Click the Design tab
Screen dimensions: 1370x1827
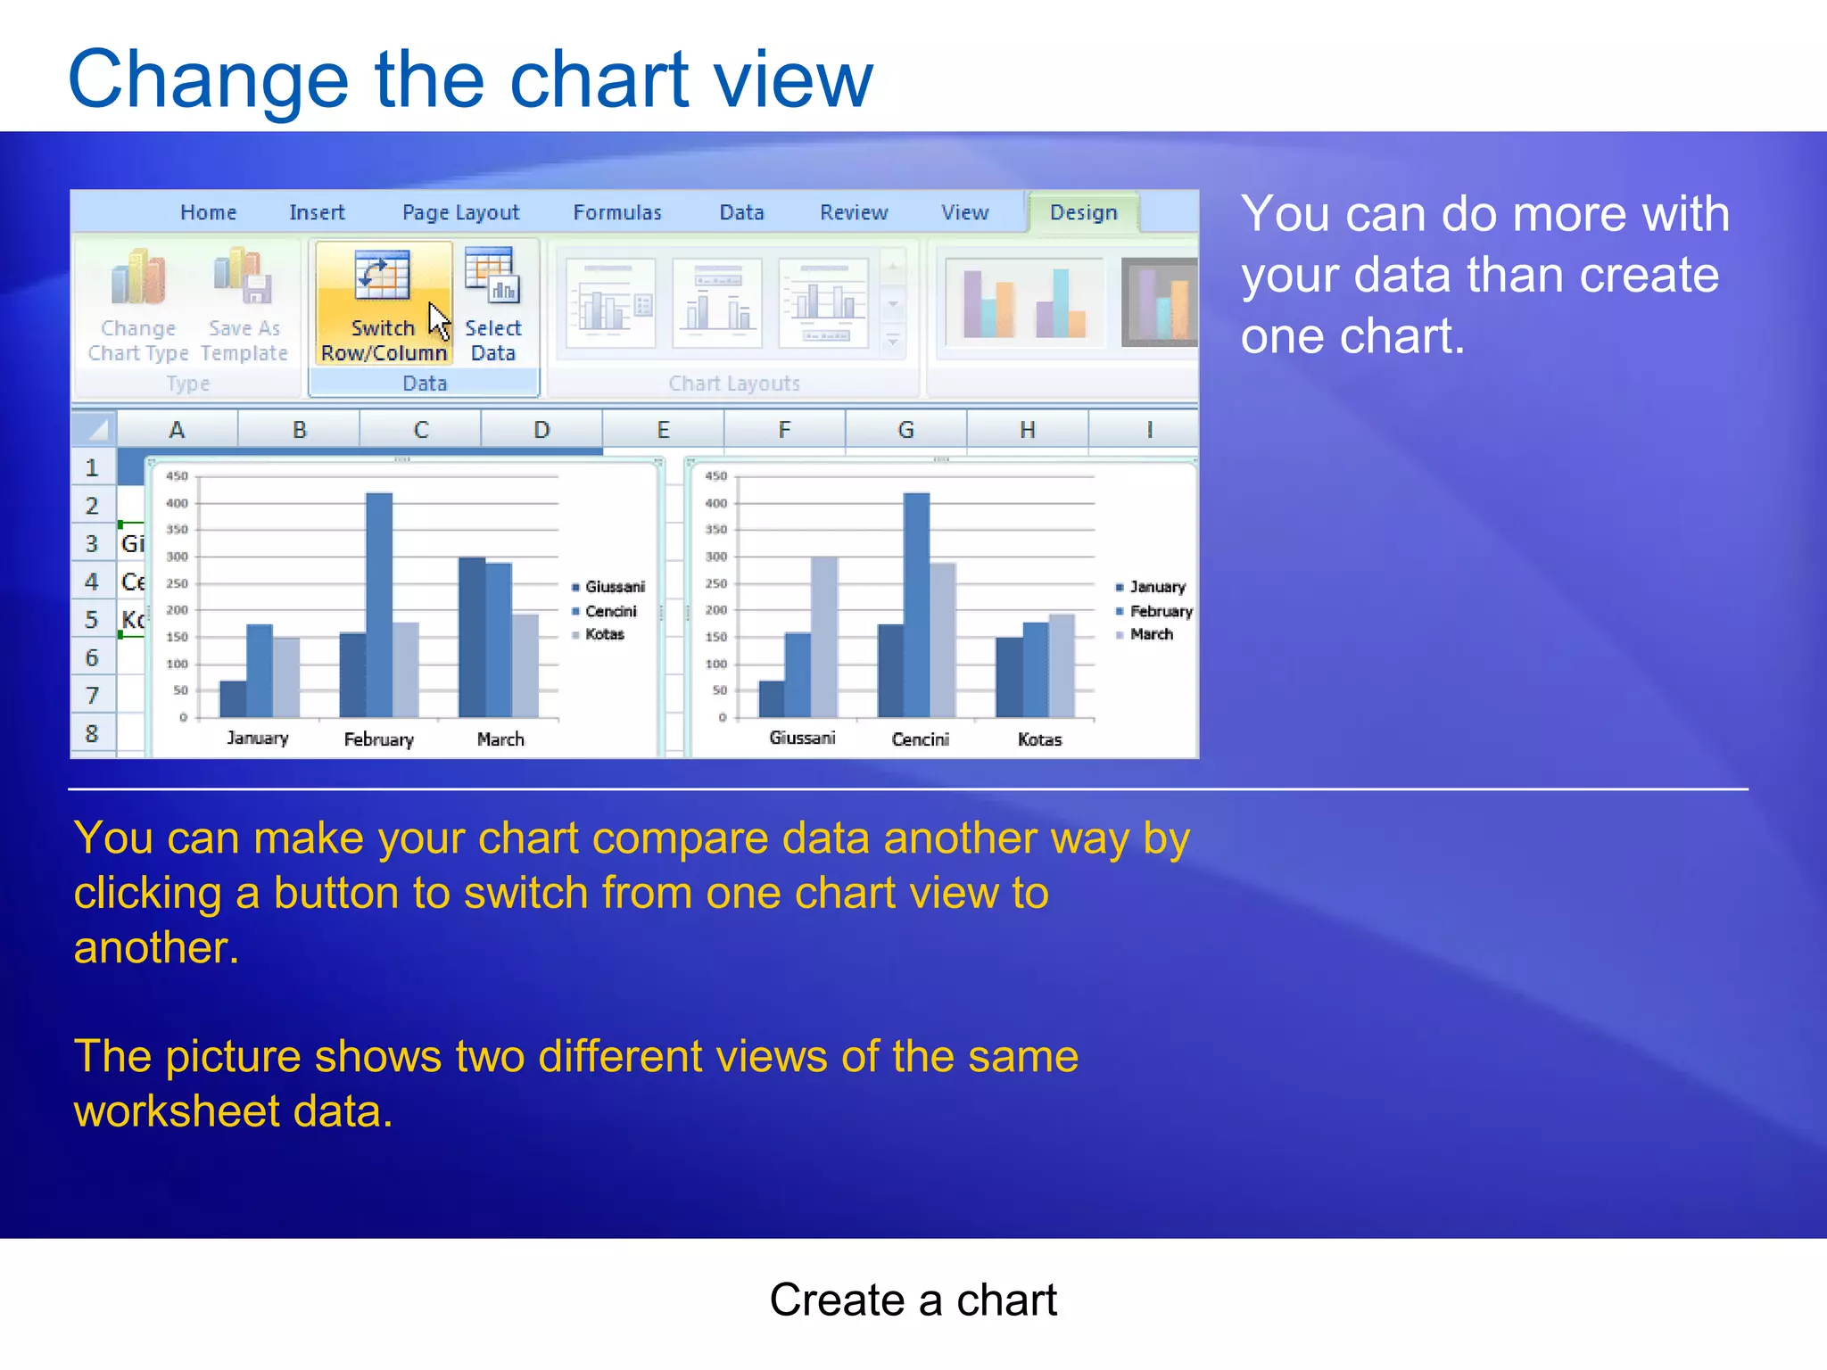1083,212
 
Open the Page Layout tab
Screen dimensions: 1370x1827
460,212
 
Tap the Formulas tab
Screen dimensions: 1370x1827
617,212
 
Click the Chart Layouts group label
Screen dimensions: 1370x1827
734,384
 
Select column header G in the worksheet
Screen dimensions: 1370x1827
905,430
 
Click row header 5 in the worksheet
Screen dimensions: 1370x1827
92,619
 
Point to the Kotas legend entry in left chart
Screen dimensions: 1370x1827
604,634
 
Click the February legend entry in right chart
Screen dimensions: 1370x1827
1160,611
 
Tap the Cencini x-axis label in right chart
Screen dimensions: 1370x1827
920,739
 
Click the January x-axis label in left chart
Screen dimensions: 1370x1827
257,739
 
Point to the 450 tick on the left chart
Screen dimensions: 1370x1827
177,476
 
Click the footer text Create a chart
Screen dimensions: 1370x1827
913,1300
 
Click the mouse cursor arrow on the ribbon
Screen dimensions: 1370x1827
438,320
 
